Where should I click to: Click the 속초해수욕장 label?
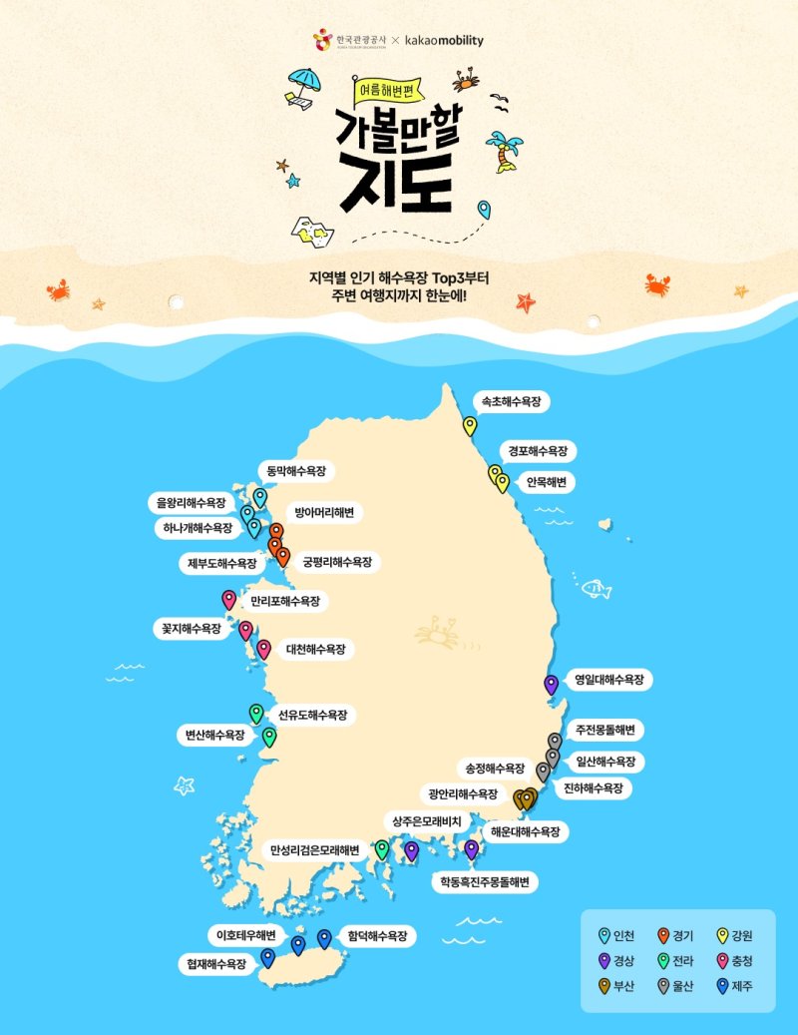pos(511,403)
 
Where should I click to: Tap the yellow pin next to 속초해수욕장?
pos(470,425)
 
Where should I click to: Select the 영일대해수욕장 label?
pos(608,681)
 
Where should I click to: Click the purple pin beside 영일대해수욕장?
pos(551,684)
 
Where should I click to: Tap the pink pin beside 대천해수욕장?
pos(263,649)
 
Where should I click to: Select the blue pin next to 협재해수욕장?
pos(267,957)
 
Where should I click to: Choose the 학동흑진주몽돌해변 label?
pos(484,882)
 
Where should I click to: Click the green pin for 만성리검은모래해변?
pos(381,848)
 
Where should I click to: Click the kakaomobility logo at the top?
pos(444,41)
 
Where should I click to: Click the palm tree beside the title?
pos(507,151)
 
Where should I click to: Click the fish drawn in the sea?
pos(596,589)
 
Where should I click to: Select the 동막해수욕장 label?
pos(296,470)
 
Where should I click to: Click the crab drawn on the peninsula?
pos(436,630)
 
